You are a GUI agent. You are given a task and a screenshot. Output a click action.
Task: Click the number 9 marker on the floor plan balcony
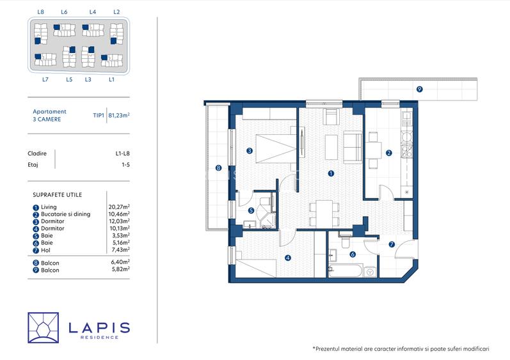(x=419, y=89)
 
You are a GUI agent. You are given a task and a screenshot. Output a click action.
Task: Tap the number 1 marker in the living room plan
(x=331, y=173)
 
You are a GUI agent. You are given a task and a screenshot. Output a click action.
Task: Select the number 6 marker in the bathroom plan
(x=353, y=254)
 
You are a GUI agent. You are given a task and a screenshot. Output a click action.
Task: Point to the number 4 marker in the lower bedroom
(x=287, y=258)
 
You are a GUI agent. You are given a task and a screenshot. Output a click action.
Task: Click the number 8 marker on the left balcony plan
(x=219, y=168)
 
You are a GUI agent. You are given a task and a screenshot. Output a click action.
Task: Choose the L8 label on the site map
(x=41, y=12)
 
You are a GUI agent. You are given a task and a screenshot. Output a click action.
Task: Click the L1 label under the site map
(x=111, y=79)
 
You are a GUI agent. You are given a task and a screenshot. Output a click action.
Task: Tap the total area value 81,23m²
(x=119, y=115)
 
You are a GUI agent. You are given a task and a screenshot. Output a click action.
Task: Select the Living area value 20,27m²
(x=119, y=207)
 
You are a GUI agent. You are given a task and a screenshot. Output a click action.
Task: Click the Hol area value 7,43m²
(x=120, y=250)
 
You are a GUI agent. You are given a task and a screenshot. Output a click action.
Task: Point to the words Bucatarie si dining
(x=66, y=214)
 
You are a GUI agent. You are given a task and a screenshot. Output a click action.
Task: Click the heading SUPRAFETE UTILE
(x=57, y=195)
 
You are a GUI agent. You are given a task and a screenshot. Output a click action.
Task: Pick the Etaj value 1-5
(x=125, y=165)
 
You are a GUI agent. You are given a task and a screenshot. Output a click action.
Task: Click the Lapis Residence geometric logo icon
(x=44, y=328)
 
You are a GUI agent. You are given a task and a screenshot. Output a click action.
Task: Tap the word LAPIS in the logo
(x=99, y=327)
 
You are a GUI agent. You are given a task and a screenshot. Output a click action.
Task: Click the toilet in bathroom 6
(x=346, y=240)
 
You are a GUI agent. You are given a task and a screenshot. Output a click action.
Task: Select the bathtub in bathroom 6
(x=345, y=271)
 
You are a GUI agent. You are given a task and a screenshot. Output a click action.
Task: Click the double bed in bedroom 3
(x=276, y=149)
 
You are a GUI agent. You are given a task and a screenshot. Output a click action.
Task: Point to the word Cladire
(x=37, y=153)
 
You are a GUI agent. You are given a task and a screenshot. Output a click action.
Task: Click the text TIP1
(x=99, y=115)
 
